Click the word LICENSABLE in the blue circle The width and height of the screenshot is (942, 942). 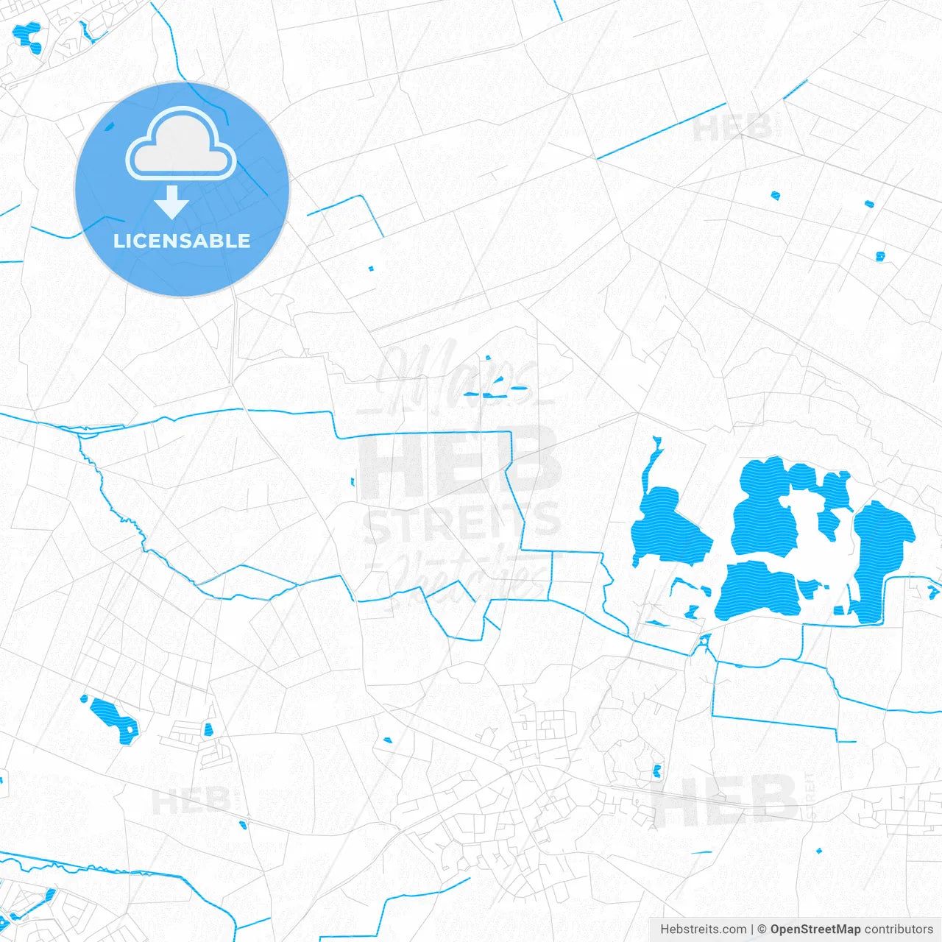(182, 241)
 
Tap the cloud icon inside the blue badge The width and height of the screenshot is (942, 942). (181, 145)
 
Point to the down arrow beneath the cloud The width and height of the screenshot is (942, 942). (172, 202)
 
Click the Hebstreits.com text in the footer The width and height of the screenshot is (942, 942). (703, 929)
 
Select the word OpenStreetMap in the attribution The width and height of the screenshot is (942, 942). (815, 929)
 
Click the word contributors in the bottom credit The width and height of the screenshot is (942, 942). (899, 929)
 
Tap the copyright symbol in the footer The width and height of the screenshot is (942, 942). (762, 929)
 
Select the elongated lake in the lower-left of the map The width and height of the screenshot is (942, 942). (110, 717)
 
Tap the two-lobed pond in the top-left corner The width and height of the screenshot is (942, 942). (28, 38)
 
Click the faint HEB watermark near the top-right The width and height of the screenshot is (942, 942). (732, 129)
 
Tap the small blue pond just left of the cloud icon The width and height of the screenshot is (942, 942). (110, 127)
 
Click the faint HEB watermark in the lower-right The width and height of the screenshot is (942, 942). (725, 801)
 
